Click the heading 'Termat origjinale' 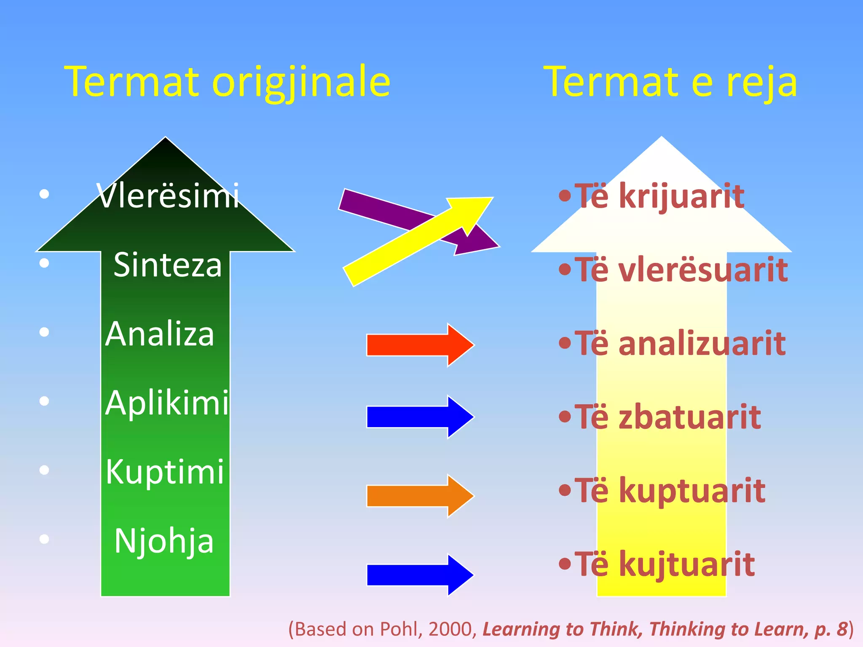(228, 82)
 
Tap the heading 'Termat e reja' (671, 82)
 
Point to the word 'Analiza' (160, 334)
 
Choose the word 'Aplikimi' (167, 403)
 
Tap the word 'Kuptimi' (165, 472)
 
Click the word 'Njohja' (164, 541)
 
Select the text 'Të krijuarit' (659, 196)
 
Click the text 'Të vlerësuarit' (681, 270)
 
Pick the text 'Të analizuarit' (680, 343)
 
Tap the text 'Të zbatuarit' (668, 417)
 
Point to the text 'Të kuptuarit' (670, 491)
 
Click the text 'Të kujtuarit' (665, 564)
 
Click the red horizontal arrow (420, 345)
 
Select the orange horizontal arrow (420, 496)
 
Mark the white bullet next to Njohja (44, 539)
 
